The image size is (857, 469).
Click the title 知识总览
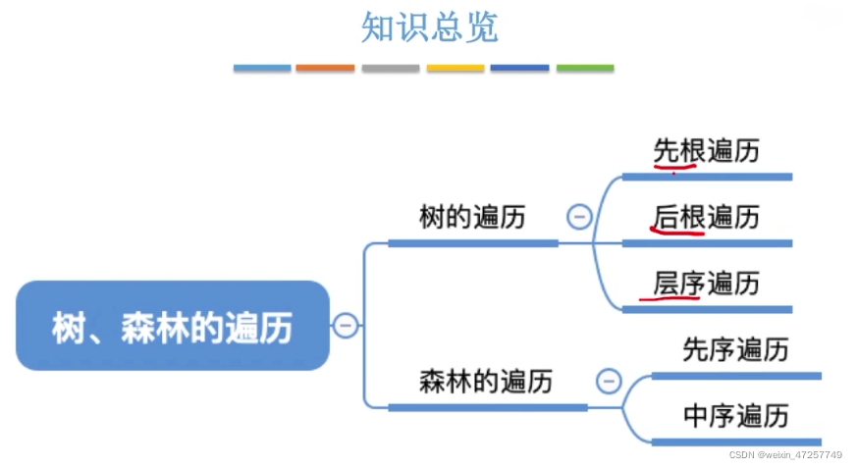(x=429, y=26)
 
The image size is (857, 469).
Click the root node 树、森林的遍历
(x=172, y=327)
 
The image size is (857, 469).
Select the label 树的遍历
(x=471, y=217)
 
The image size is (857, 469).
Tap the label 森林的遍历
(x=485, y=381)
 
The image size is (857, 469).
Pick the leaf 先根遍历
(x=707, y=150)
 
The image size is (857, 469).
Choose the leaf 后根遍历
(x=707, y=217)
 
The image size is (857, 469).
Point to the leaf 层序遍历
(x=707, y=284)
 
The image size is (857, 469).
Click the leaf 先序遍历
(x=735, y=349)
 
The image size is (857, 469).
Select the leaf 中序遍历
(x=735, y=416)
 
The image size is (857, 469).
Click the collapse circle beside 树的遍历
(x=579, y=217)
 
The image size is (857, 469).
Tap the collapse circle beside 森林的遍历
(x=609, y=381)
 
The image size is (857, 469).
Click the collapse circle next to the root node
(x=345, y=326)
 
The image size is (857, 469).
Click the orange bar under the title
(x=325, y=68)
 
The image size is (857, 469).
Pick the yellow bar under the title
(x=455, y=68)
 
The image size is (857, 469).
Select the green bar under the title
(x=585, y=68)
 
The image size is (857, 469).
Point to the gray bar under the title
(x=390, y=68)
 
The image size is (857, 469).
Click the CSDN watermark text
(x=785, y=455)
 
